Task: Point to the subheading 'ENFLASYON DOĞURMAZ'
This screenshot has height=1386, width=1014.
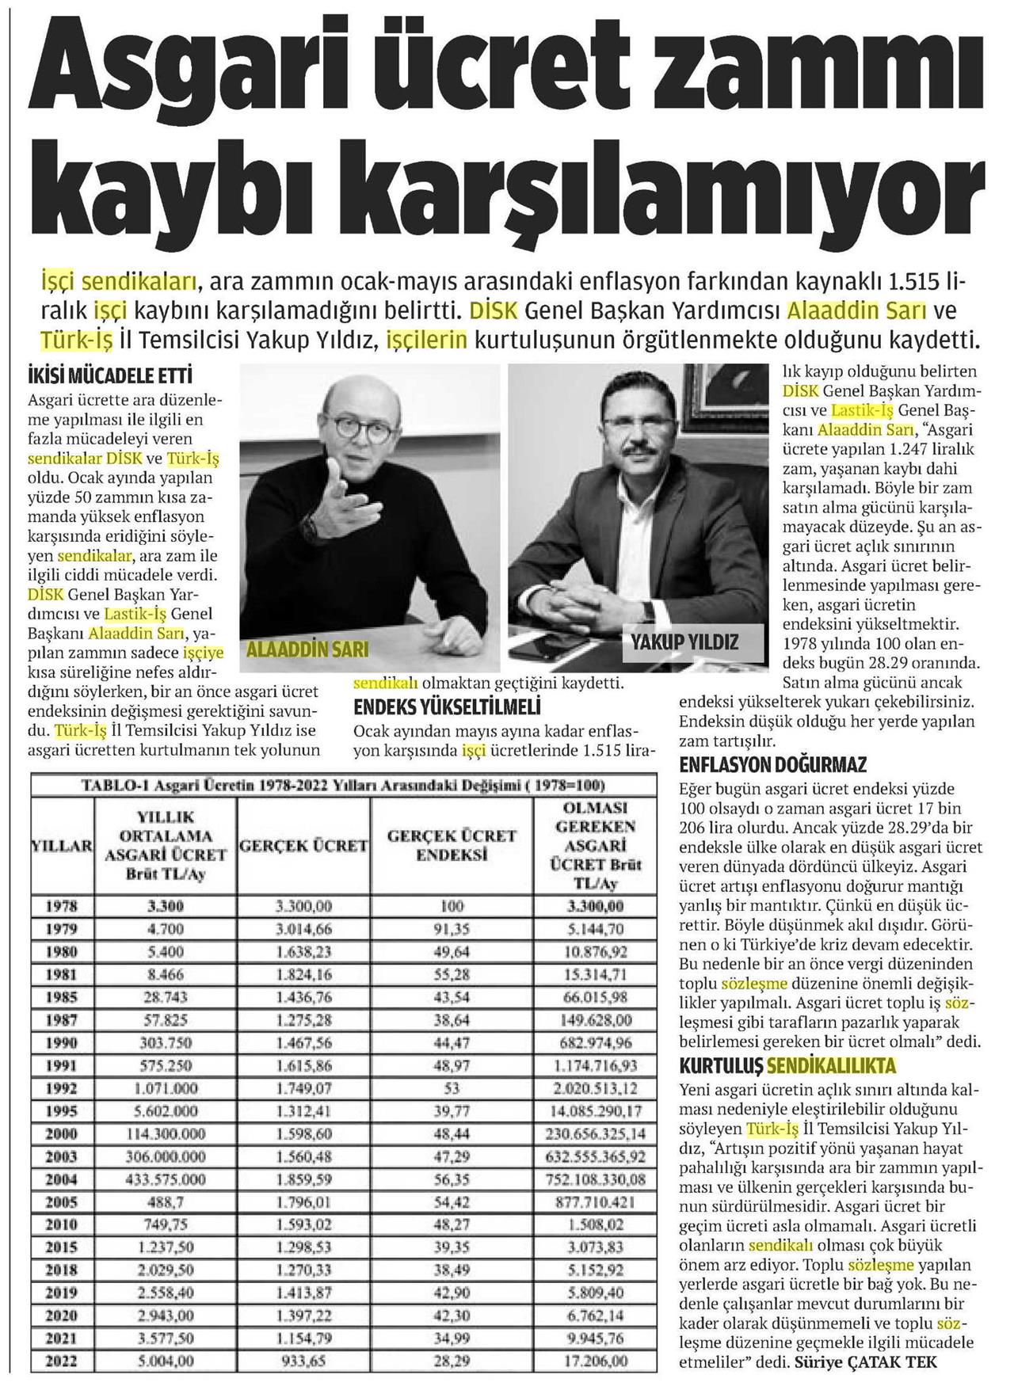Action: coord(772,765)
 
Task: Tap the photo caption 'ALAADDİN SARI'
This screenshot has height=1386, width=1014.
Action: coord(308,649)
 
